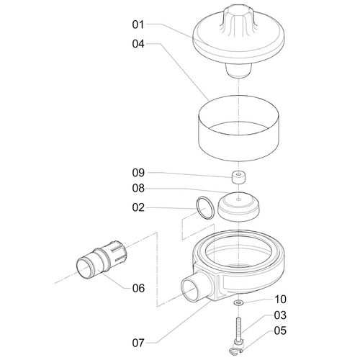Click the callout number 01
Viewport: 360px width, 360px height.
pos(138,24)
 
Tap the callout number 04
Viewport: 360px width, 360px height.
pos(138,44)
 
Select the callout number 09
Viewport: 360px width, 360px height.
pos(138,173)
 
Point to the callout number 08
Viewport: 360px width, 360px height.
pos(138,189)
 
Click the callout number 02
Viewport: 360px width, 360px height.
pos(138,207)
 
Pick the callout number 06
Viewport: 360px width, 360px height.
pos(138,288)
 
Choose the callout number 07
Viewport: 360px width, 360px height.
pos(138,343)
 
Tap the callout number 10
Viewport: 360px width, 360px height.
pos(280,300)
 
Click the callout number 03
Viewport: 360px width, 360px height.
pos(280,315)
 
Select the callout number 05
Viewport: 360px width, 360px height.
pos(280,330)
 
